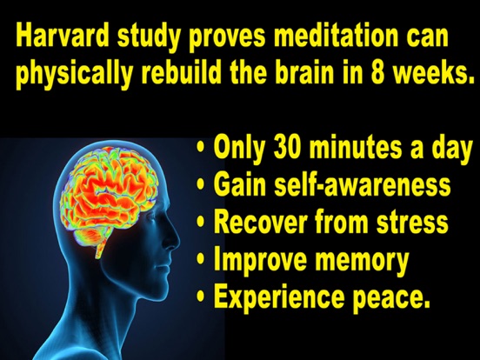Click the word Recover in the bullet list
click(x=260, y=223)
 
